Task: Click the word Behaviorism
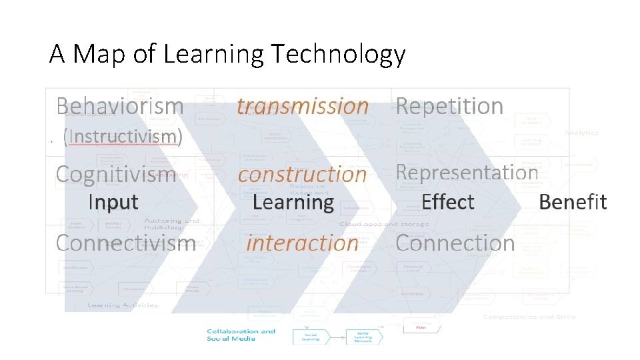[120, 106]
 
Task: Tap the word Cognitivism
[116, 174]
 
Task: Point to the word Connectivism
[125, 243]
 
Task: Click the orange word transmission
[303, 106]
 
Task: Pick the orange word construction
[303, 175]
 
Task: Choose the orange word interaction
[302, 243]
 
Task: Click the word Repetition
[449, 106]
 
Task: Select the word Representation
[467, 172]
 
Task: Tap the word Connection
[455, 243]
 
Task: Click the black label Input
[113, 202]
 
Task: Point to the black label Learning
[293, 202]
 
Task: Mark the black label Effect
[448, 202]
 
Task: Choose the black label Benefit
[573, 202]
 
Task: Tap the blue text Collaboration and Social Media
[241, 335]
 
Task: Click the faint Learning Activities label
[123, 305]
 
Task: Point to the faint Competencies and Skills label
[529, 316]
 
